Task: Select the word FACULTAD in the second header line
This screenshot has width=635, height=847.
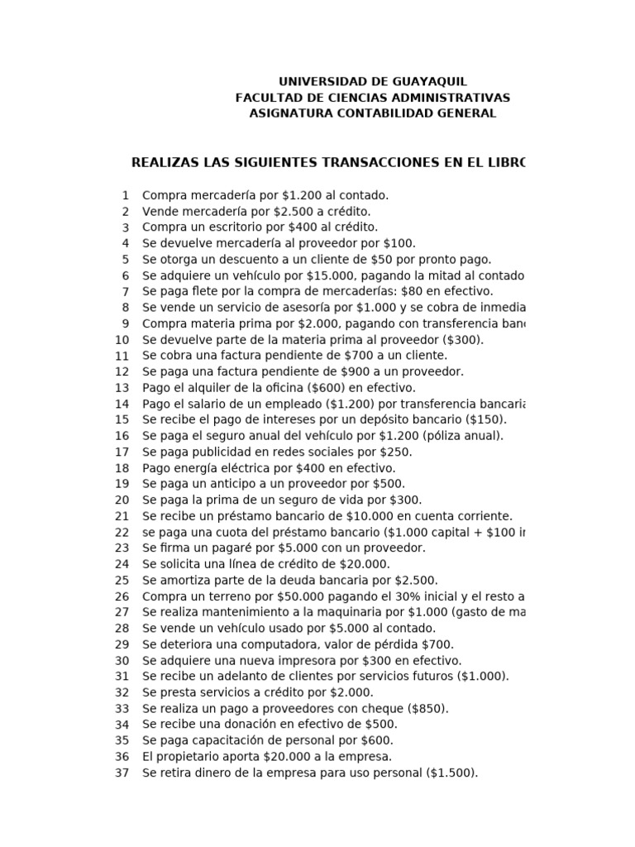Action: [x=267, y=98]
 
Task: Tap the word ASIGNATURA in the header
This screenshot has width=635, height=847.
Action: [x=289, y=113]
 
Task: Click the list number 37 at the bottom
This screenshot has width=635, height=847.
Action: [x=122, y=773]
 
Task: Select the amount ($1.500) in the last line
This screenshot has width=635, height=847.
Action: [x=452, y=773]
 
